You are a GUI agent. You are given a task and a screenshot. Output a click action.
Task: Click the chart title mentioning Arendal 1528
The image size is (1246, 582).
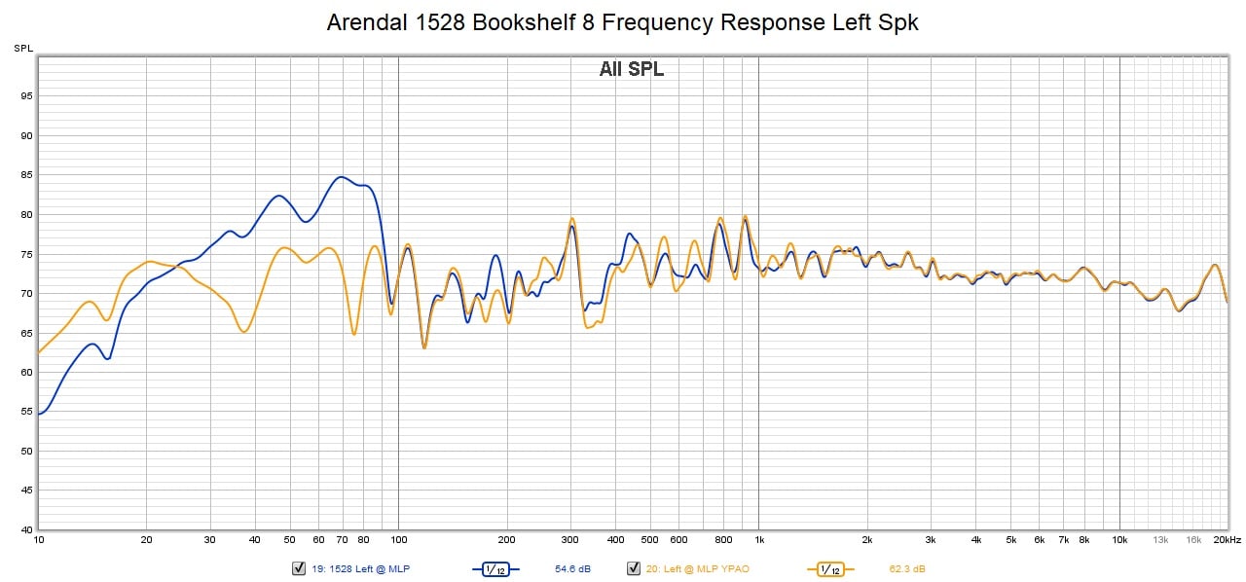pos(622,22)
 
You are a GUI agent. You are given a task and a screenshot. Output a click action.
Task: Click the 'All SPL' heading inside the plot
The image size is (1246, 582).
pos(631,69)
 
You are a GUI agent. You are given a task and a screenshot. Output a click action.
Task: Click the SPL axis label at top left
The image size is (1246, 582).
pos(22,48)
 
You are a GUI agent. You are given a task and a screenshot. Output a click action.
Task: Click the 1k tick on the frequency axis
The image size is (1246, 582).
pos(759,539)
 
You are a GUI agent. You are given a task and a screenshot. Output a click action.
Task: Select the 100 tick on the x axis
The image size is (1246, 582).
pos(398,539)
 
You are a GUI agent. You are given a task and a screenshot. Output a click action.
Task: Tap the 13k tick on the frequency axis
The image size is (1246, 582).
pos(1160,539)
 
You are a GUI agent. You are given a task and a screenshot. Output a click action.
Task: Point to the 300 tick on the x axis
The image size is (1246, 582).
pos(570,539)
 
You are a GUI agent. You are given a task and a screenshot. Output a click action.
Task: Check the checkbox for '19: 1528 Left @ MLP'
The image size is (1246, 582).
pos(299,568)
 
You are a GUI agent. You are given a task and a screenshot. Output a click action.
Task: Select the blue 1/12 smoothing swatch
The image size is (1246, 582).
pos(495,568)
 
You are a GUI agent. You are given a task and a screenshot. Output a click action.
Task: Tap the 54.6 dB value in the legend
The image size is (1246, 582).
pos(572,568)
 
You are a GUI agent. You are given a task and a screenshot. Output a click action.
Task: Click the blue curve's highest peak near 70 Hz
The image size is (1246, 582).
pos(341,177)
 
